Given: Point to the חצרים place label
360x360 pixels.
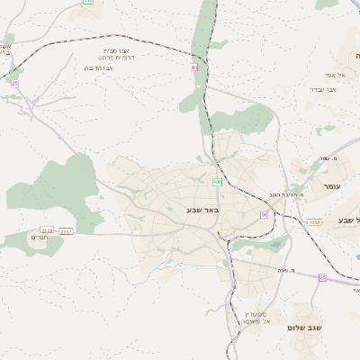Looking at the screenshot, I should click(40, 238).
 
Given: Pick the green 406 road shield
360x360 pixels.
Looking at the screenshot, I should click(217, 183).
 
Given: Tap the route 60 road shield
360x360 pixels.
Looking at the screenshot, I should click(265, 214).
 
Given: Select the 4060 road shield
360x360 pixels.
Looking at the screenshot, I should click(313, 221).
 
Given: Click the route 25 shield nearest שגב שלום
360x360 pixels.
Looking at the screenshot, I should click(322, 278).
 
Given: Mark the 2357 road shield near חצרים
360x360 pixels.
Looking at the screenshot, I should click(66, 231).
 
